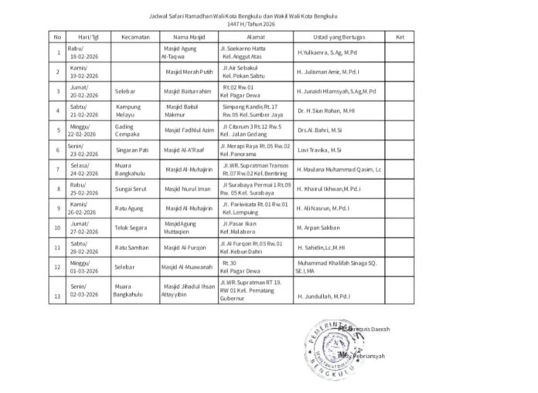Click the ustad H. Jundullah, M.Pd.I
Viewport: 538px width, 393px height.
click(324, 295)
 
